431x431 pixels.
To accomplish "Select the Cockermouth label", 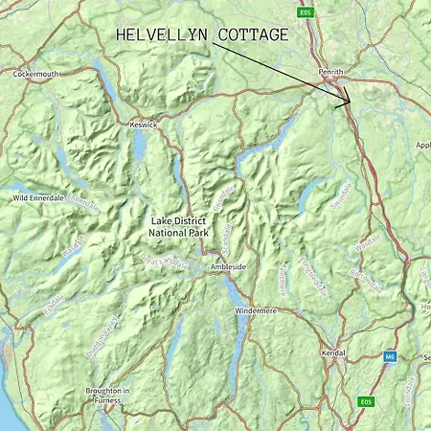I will pos(36,74).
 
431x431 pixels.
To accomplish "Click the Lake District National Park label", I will pos(178,226).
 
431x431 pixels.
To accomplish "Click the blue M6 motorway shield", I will pos(389,356).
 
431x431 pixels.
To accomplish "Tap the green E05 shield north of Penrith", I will pos(306,12).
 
